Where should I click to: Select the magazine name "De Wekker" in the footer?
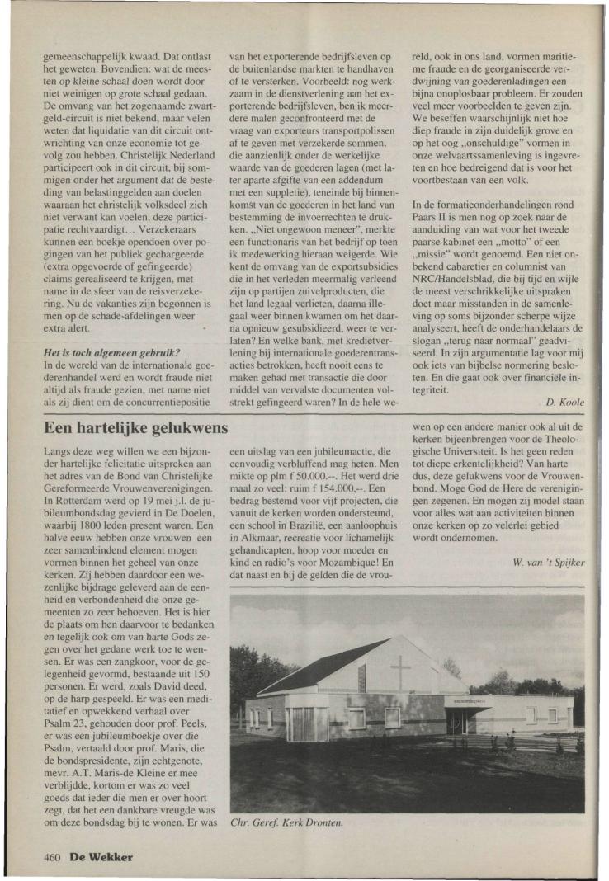pos(101,856)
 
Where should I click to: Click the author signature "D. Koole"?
pos(565,402)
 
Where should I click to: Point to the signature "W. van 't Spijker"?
pos(549,563)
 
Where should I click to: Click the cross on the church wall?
pos(400,671)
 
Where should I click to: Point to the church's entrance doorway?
pos(456,722)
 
